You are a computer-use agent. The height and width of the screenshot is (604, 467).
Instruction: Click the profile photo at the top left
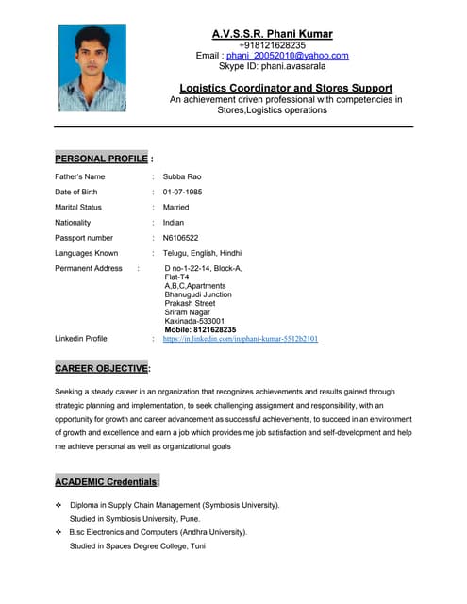click(x=92, y=68)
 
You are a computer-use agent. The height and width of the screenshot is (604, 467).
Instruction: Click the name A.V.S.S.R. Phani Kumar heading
click(x=272, y=34)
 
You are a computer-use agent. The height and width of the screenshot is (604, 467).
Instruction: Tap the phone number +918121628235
click(x=272, y=45)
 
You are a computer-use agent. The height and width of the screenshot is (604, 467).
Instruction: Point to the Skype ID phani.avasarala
click(x=272, y=67)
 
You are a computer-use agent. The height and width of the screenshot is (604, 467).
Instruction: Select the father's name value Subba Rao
click(x=182, y=176)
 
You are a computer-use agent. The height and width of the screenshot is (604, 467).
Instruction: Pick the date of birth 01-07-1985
click(x=182, y=192)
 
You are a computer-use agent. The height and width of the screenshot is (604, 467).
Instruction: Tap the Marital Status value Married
click(x=175, y=207)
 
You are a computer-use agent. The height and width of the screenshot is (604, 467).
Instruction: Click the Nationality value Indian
click(x=174, y=223)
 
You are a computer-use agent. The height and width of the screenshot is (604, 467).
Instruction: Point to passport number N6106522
click(x=180, y=238)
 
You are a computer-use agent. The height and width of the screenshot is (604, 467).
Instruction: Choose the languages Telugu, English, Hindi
click(x=202, y=253)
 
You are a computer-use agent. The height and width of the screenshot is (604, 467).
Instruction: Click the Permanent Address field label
click(x=89, y=269)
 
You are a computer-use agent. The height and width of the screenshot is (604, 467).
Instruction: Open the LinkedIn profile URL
click(x=240, y=338)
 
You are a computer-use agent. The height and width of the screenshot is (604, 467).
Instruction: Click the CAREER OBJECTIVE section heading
click(x=102, y=368)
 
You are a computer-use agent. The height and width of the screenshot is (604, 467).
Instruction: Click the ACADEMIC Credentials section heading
click(x=107, y=482)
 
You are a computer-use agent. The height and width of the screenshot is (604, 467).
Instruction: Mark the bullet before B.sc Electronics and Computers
click(x=58, y=532)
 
